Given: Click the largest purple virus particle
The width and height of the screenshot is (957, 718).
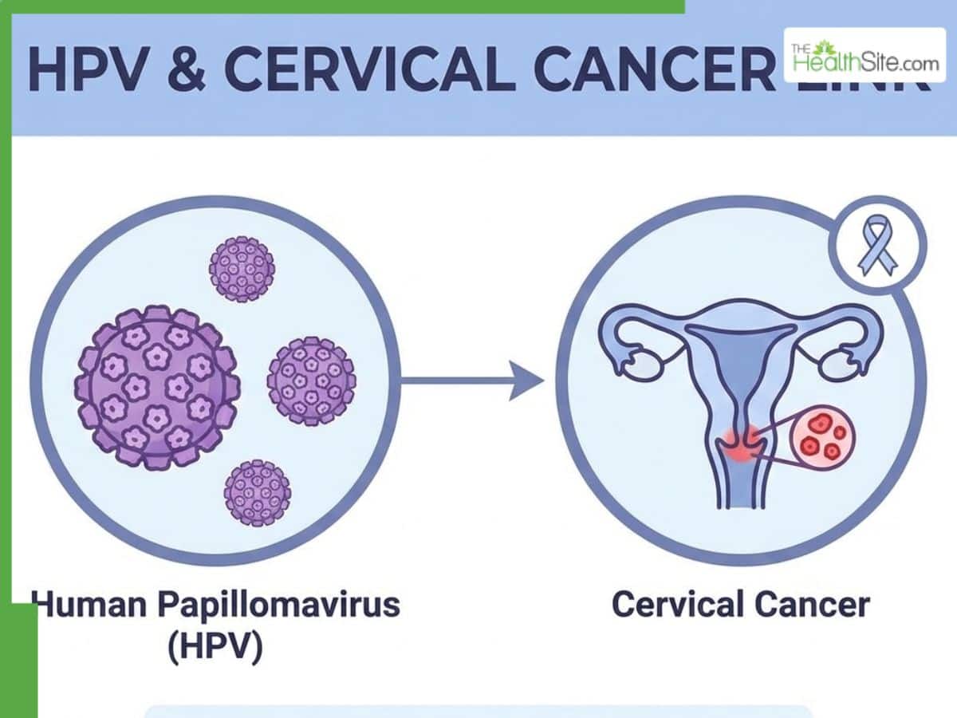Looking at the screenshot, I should point(157,386).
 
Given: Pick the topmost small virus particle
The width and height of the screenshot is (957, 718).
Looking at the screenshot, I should point(242,269).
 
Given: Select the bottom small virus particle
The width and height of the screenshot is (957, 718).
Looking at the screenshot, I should point(257,492).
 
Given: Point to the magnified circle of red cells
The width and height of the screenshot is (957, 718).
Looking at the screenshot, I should point(821,438).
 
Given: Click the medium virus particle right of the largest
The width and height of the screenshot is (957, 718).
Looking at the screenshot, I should point(311,381).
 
